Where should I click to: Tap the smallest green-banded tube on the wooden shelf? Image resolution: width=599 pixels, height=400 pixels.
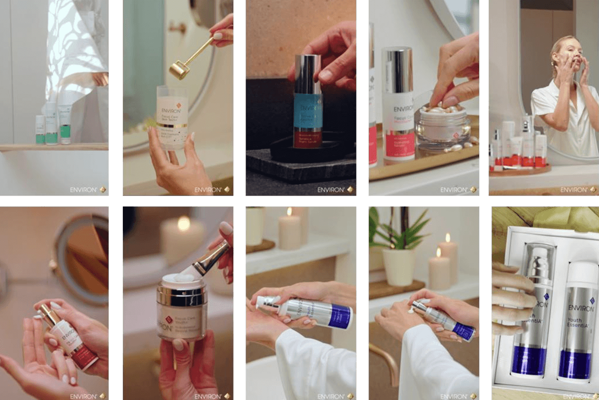pyautogui.click(x=40, y=130)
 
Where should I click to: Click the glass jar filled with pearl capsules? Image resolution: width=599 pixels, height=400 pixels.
pyautogui.click(x=443, y=127)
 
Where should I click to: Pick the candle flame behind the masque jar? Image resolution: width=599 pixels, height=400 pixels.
pyautogui.click(x=184, y=224)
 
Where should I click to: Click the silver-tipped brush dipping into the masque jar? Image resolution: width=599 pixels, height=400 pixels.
pyautogui.click(x=210, y=258)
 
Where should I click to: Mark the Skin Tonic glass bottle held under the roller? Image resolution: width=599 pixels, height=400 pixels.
pyautogui.click(x=172, y=116)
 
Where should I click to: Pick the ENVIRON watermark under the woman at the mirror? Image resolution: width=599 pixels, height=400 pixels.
pyautogui.click(x=574, y=189)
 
